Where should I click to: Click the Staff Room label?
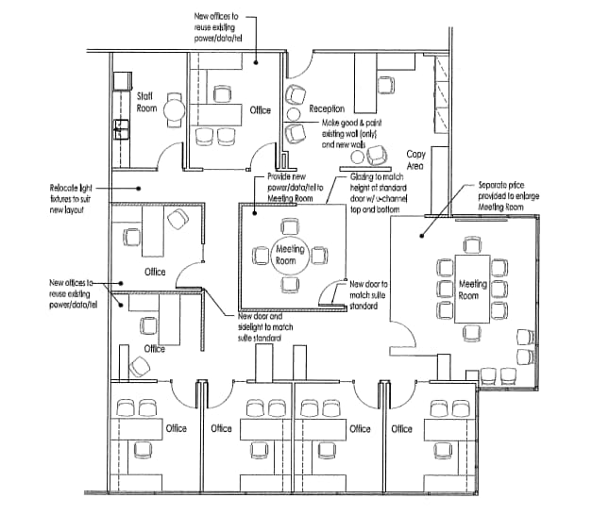pyautogui.click(x=145, y=102)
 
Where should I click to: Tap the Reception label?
pyautogui.click(x=326, y=109)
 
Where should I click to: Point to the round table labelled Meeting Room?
pyautogui.click(x=289, y=254)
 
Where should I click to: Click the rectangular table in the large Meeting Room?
pyautogui.click(x=473, y=290)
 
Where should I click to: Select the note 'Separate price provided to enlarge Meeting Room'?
pyautogui.click(x=501, y=194)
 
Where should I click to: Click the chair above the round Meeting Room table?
pyautogui.click(x=289, y=227)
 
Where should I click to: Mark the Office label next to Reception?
pyautogui.click(x=260, y=110)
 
